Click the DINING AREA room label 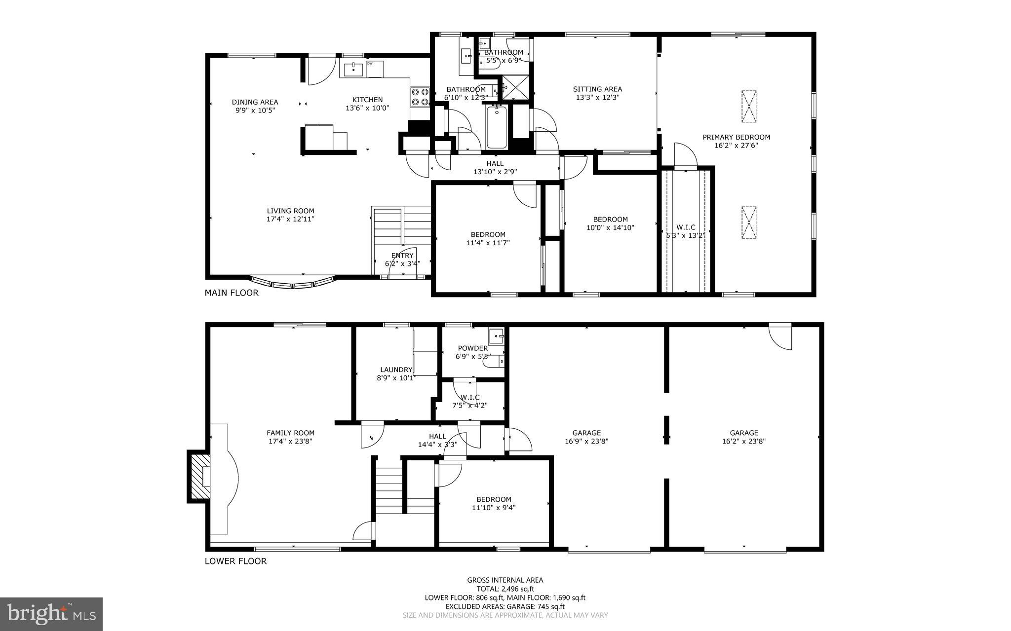(255, 102)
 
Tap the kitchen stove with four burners (420, 97)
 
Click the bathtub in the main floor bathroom (496, 127)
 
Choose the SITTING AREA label (597, 89)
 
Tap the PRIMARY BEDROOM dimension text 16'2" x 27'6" (736, 146)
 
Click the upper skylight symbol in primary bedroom (749, 106)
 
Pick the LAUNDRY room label (396, 370)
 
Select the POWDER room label (472, 348)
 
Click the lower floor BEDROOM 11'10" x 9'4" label (494, 499)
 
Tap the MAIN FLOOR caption (232, 293)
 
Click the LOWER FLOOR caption (235, 561)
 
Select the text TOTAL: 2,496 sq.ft (505, 589)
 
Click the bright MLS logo (51, 614)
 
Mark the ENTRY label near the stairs (402, 256)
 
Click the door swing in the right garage (781, 337)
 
